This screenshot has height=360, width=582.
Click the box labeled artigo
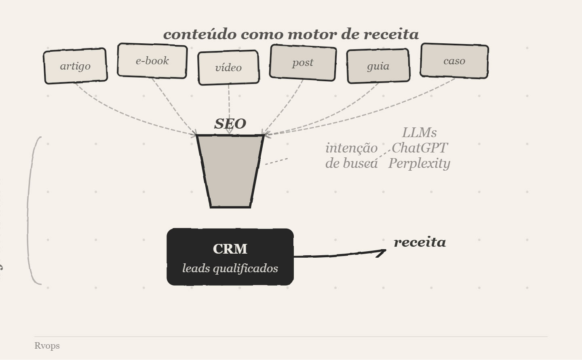pos(75,66)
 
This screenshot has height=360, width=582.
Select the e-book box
pos(152,61)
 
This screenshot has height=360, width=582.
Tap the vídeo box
pos(228,68)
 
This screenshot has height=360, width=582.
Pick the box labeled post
pos(303,63)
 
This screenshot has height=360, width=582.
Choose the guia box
pos(378,66)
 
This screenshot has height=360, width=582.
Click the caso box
pos(454,61)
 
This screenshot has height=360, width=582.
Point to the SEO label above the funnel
pos(230,124)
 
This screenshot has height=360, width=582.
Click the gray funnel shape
pos(230,170)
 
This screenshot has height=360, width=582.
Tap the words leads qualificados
pos(230,268)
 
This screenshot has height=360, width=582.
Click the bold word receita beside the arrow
pos(420,242)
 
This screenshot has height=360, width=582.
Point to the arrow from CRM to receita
pos(339,254)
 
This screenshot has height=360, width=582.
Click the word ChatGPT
pos(420,148)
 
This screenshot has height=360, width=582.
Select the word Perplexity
pos(419,163)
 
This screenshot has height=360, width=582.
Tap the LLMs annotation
pos(419,133)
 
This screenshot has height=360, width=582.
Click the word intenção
pos(351,148)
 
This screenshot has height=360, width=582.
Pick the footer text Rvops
pos(47,346)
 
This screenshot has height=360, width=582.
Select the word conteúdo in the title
pos(200,34)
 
